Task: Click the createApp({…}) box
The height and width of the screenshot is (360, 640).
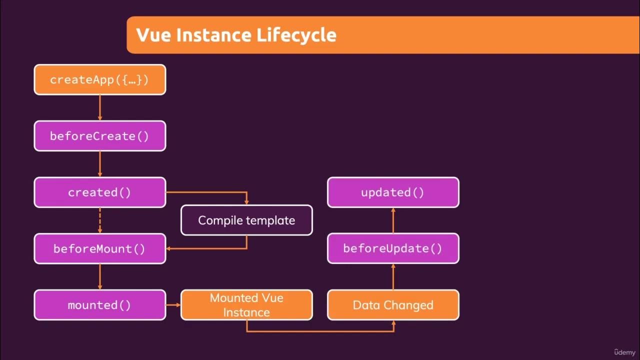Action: tap(99, 79)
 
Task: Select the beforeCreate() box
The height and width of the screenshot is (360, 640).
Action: tap(99, 136)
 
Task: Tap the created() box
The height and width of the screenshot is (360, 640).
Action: tap(99, 192)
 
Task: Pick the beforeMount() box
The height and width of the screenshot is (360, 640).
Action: tap(99, 248)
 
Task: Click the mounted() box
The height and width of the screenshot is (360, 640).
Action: tap(99, 305)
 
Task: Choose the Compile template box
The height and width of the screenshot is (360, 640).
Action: tap(246, 220)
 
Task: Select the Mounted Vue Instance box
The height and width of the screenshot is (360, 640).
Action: tap(246, 305)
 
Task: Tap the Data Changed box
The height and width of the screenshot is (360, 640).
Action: tap(393, 305)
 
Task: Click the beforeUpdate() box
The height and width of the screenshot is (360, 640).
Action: tap(393, 248)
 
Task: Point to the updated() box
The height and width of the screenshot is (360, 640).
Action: tap(393, 192)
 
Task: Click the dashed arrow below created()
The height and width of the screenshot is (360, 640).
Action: tap(100, 220)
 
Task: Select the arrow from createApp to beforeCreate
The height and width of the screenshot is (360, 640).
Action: tap(100, 107)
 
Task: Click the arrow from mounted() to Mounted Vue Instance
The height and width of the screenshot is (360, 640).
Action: tap(173, 305)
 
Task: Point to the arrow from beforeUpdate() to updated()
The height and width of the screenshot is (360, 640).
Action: tap(393, 220)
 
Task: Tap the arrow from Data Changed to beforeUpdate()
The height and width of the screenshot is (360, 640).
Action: tap(393, 276)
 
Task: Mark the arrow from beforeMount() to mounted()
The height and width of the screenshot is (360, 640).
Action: tap(100, 276)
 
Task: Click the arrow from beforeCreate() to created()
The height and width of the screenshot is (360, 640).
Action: tap(100, 164)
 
